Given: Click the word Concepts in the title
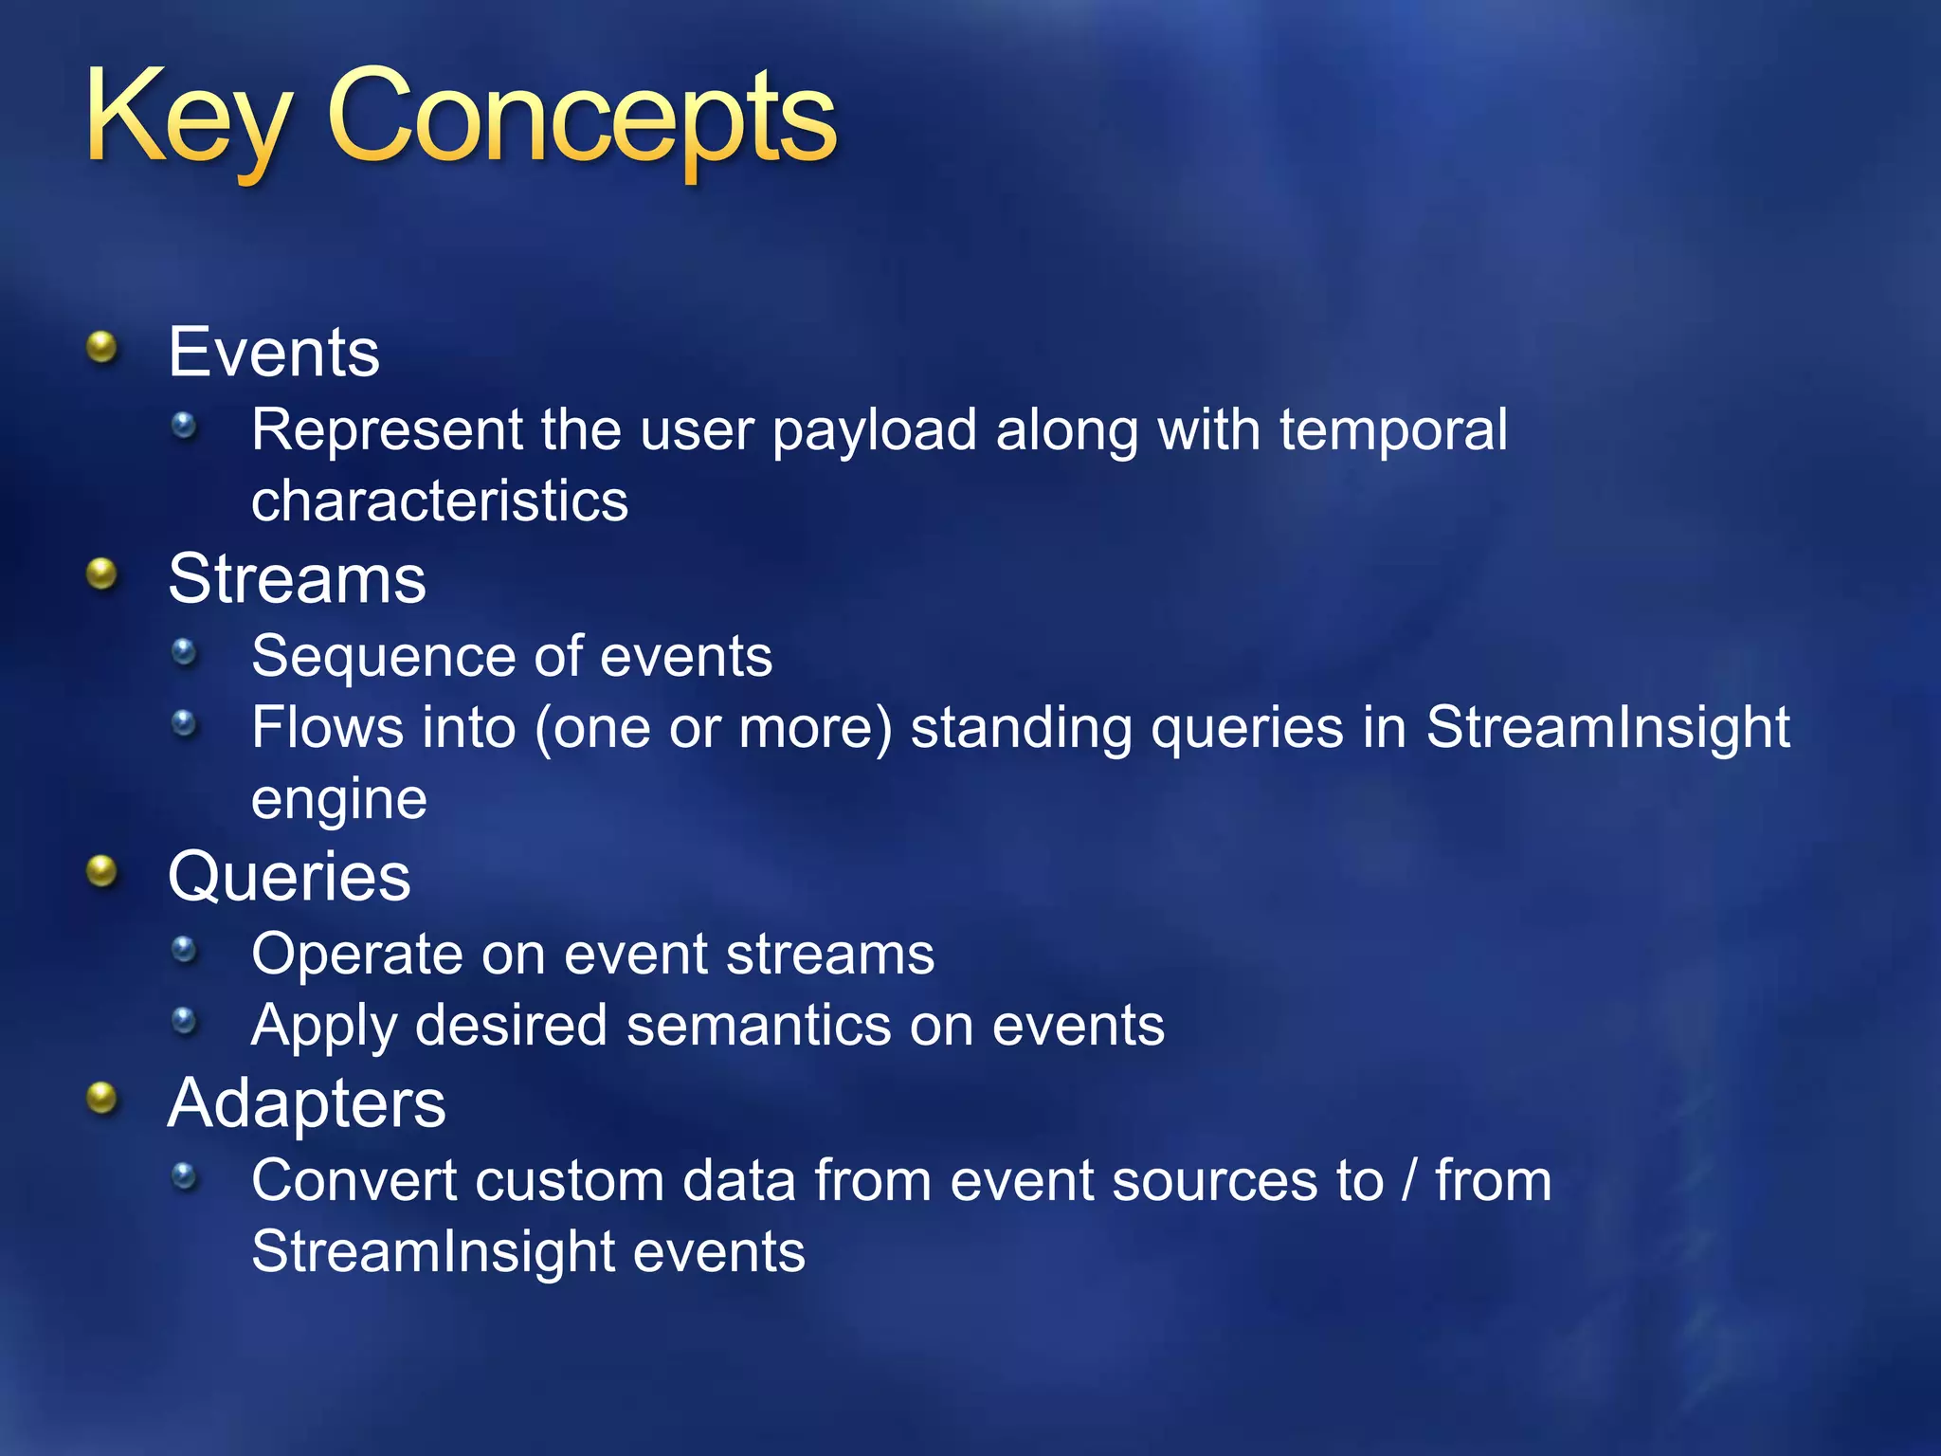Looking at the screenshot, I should pos(581,118).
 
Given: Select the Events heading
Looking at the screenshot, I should pos(274,352).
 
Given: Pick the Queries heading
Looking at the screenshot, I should pos(289,876).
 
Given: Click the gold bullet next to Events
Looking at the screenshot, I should pos(101,348).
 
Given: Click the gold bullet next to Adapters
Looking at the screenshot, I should pos(101,1099).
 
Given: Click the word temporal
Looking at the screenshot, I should pos(1393,431).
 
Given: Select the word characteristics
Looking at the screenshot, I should pos(440,500).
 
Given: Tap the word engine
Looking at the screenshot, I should pos(339,799).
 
